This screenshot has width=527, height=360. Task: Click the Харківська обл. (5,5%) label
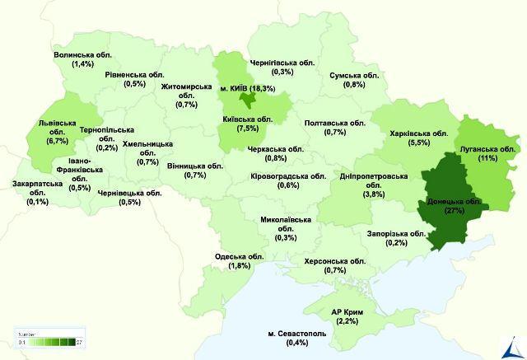pyautogui.click(x=419, y=137)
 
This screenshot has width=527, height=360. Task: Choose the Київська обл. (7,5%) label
pyautogui.click(x=248, y=124)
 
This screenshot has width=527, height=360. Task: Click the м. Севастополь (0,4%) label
pyautogui.click(x=297, y=338)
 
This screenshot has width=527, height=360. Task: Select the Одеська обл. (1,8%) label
pyautogui.click(x=239, y=260)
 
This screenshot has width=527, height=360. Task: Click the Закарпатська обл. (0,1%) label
pyautogui.click(x=37, y=192)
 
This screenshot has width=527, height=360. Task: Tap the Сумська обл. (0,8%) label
pyautogui.click(x=354, y=79)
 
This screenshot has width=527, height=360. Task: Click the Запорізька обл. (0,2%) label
pyautogui.click(x=396, y=238)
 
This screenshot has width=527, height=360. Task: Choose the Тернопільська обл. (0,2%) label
pyautogui.click(x=106, y=139)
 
